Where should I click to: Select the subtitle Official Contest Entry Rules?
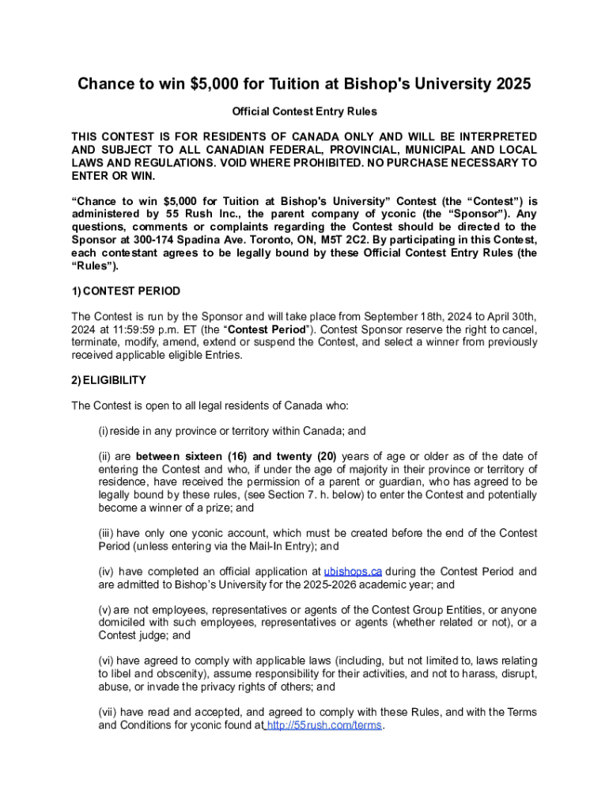304,112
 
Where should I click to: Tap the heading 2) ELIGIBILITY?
108,380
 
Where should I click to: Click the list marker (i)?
103,431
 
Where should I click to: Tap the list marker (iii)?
106,533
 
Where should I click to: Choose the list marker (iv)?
106,571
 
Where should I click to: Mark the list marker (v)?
104,610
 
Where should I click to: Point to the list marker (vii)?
108,712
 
